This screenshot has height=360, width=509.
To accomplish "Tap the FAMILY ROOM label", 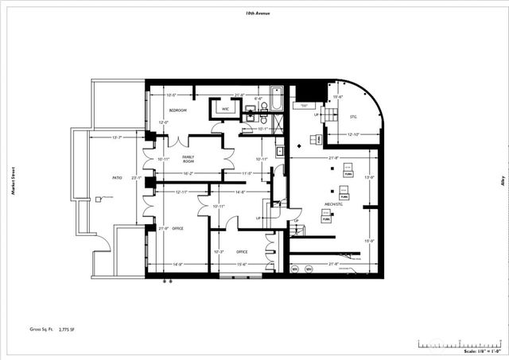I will [x=188, y=159].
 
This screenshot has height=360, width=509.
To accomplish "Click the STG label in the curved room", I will [x=353, y=117].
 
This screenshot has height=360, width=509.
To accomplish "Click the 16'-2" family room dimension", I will [x=189, y=173].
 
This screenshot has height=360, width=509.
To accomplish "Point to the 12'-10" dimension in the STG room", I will [x=355, y=135].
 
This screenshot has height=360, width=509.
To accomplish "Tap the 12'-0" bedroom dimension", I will [x=164, y=122].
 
